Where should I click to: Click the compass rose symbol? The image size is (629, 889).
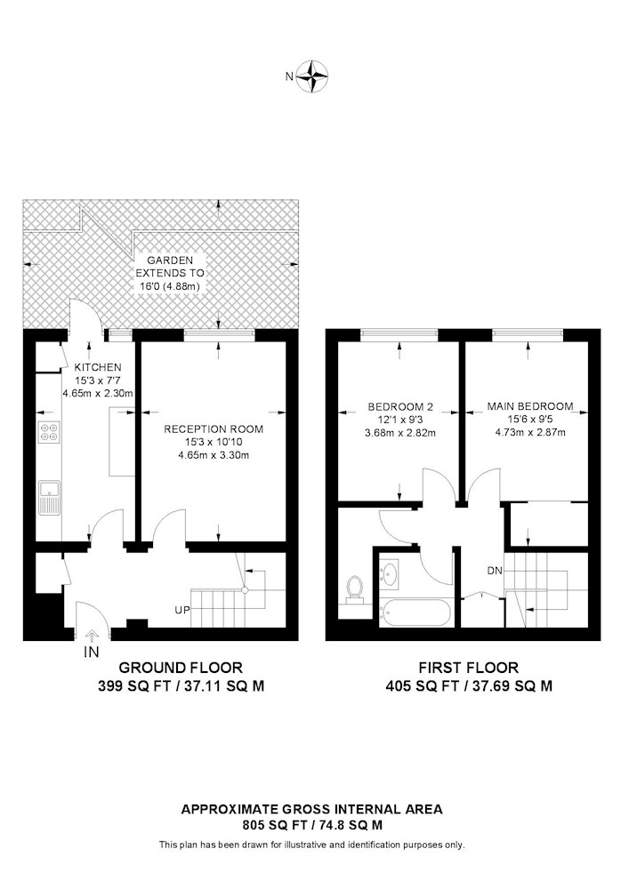click(x=313, y=76)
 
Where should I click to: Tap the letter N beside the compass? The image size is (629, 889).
click(x=289, y=76)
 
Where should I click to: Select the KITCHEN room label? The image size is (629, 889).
click(x=98, y=367)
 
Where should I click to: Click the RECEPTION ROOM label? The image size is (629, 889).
click(x=214, y=429)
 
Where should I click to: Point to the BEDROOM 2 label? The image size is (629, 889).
click(x=400, y=406)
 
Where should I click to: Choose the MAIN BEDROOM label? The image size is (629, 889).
click(x=530, y=406)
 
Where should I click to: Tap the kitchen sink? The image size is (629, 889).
click(x=50, y=497)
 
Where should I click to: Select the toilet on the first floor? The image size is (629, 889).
click(x=355, y=589)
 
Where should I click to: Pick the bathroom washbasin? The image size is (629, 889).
click(x=390, y=573)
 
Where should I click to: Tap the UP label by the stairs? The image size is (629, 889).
click(x=182, y=611)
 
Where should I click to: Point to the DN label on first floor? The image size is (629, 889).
click(x=495, y=571)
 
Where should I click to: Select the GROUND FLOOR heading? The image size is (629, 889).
click(x=181, y=668)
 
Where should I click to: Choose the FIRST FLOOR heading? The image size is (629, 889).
click(x=469, y=668)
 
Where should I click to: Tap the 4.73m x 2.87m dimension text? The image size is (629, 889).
click(x=529, y=432)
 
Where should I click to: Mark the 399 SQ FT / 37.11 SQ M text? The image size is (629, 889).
click(x=181, y=686)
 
